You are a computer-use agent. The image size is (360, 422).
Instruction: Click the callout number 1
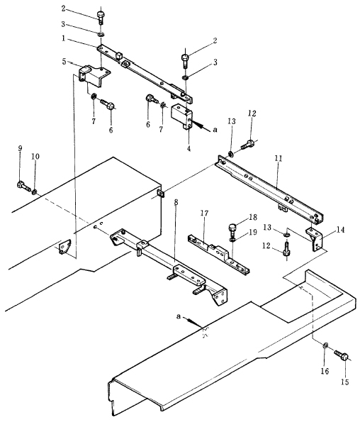coord(64,38)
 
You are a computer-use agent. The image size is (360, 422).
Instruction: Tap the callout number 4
coord(189,148)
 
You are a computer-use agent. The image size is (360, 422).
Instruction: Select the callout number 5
coord(64,62)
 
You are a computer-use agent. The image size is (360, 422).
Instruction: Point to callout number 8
coord(176,203)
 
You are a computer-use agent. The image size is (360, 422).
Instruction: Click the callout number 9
coord(21,148)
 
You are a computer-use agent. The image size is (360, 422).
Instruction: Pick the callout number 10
coord(35,156)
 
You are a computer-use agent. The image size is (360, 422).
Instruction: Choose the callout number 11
coord(279,158)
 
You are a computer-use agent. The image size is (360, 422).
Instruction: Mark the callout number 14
coord(340,230)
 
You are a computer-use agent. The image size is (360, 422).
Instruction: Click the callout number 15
coord(345,382)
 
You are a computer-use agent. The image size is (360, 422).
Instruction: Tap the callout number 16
coord(325,372)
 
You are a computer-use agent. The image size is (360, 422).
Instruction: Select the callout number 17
coord(204,213)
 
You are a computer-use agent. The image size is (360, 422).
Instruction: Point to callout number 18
coord(253,217)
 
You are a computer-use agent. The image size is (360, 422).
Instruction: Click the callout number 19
coord(253,232)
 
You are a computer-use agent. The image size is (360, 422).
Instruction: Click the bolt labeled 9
coord(23,186)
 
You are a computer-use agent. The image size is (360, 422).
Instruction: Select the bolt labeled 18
coord(232,229)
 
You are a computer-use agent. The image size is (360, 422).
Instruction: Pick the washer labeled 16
coord(325,345)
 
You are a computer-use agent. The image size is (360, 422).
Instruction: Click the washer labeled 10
coord(34,192)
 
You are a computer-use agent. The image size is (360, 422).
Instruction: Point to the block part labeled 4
coord(182,117)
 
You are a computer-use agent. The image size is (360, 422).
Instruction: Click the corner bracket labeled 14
coord(316,238)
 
